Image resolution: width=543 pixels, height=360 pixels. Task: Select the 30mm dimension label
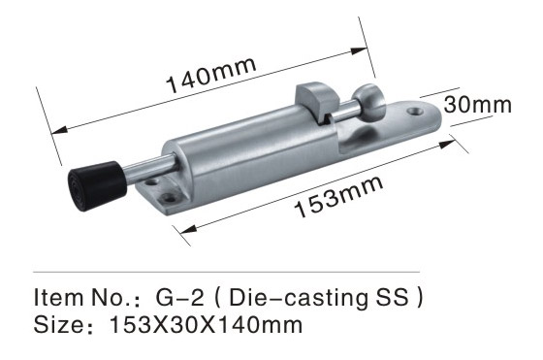pos(477,105)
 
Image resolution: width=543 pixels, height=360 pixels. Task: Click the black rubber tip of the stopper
pos(97,186)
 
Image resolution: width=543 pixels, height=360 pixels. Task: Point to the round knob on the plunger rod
pos(369,101)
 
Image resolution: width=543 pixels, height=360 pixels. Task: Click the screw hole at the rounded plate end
pos(415,112)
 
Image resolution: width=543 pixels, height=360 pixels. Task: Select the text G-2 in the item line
pos(179,297)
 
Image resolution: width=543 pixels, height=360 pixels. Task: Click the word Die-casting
pos(296,298)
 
